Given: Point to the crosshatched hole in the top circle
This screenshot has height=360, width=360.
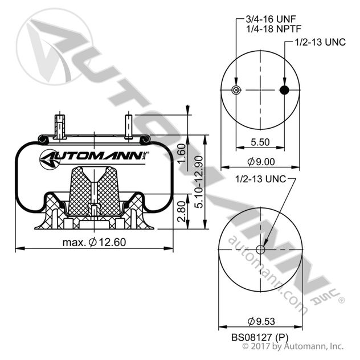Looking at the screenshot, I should (x=236, y=91).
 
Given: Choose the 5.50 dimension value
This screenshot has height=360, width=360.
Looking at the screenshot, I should (x=261, y=142).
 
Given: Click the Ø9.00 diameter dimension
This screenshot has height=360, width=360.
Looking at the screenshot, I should (x=261, y=162).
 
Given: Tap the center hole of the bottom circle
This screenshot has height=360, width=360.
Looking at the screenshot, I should (x=261, y=249).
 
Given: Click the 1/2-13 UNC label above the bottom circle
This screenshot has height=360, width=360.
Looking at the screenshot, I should (x=260, y=179).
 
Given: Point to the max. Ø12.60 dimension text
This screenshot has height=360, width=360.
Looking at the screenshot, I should (x=93, y=242).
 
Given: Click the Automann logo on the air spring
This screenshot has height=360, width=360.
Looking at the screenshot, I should (x=95, y=157).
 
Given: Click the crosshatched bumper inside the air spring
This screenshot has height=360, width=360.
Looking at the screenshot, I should (x=93, y=191).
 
